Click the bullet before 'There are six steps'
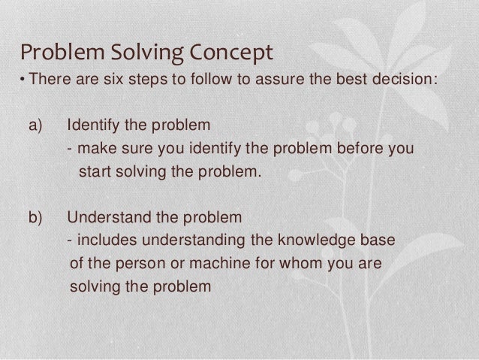pyautogui.click(x=23, y=80)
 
